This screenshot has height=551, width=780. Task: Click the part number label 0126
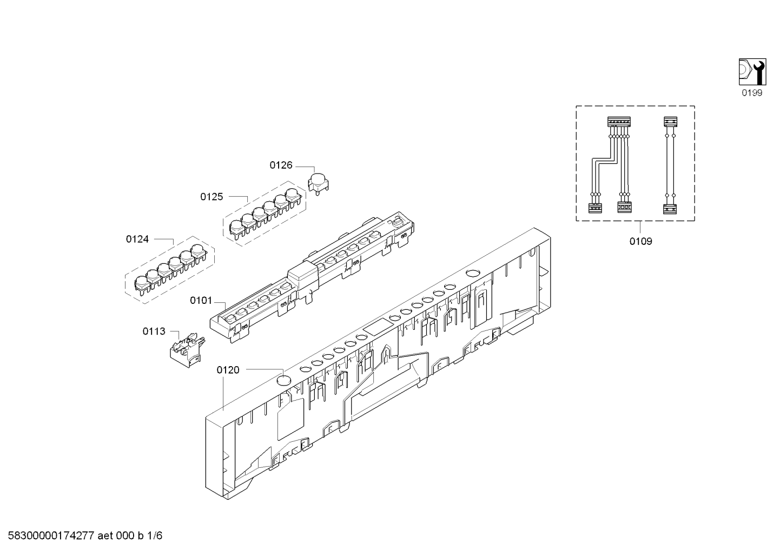tap(281, 165)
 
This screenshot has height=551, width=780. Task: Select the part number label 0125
tap(211, 197)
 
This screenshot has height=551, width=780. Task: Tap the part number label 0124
tap(137, 239)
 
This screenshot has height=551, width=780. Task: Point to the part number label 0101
tap(201, 301)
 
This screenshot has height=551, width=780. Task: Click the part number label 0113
tap(154, 331)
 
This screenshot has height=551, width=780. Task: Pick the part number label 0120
tap(228, 370)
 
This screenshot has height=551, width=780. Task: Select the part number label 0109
tap(640, 241)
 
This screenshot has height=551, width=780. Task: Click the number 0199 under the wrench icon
tap(752, 93)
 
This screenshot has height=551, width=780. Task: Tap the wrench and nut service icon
tap(752, 72)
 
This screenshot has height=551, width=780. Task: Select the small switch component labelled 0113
tap(187, 350)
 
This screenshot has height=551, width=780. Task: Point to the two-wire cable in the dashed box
tap(670, 165)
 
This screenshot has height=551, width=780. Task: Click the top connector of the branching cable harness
tap(619, 122)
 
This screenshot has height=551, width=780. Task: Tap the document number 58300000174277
tap(51, 536)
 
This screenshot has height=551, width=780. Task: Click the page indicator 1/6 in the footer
tap(155, 536)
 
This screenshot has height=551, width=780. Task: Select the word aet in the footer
tap(105, 536)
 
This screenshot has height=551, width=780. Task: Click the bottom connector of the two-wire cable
tap(670, 209)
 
